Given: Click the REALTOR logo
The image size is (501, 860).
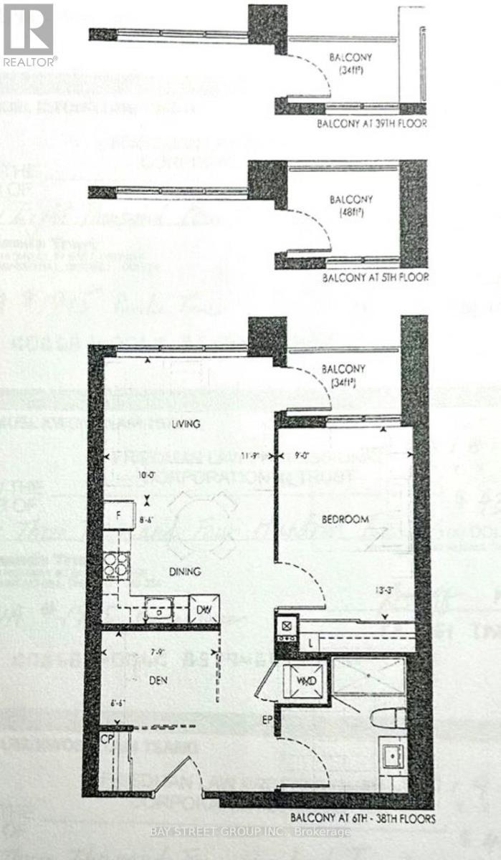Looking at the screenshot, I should [x=29, y=34].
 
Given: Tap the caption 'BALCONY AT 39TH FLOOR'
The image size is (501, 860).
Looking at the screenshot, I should [x=372, y=124].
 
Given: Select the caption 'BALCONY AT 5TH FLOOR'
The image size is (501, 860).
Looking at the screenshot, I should [x=375, y=277].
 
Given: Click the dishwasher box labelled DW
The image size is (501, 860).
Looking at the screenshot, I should [x=204, y=610].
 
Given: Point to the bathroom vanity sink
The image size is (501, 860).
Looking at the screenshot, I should [x=391, y=757].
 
